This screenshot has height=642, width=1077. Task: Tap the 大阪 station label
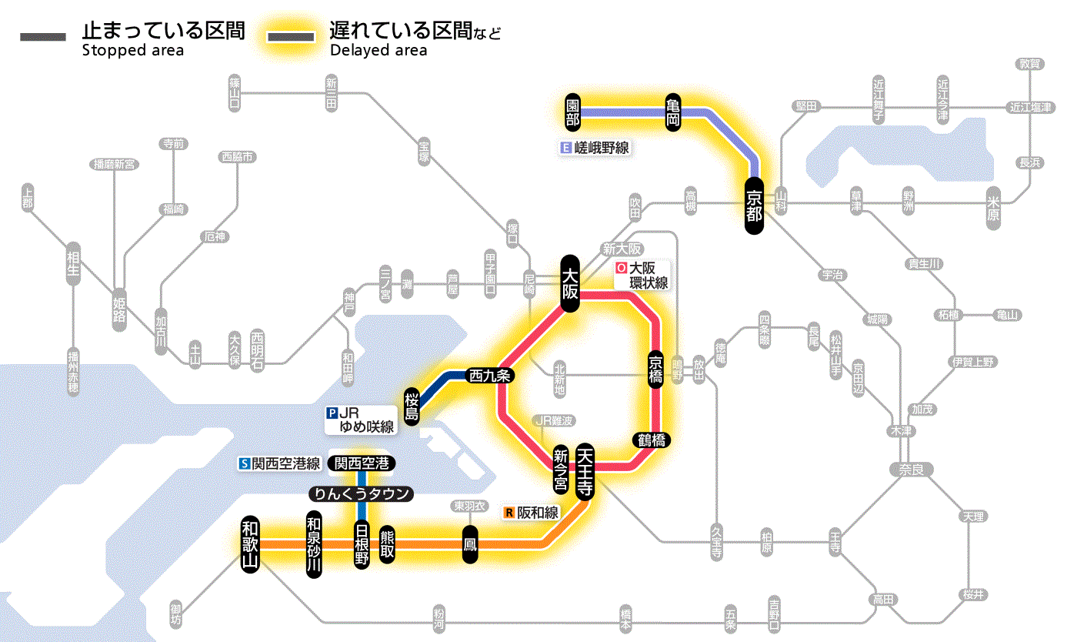[x=569, y=283]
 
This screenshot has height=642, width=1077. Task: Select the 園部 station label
[x=572, y=112]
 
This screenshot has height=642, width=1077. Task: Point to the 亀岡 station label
[x=673, y=112]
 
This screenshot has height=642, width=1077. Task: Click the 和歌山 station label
[x=251, y=543]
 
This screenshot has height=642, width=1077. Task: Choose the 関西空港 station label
[x=362, y=463]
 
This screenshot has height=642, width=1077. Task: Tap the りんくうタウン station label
[x=361, y=494]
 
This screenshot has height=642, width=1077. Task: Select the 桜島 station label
[x=412, y=405]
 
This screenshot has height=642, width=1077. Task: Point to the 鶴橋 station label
[x=651, y=440]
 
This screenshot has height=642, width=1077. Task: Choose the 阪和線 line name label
[x=538, y=512]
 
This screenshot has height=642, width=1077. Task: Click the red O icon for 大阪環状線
[x=621, y=269]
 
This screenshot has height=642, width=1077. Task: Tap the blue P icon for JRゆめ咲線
[x=332, y=412]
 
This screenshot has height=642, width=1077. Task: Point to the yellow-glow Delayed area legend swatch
[x=290, y=37]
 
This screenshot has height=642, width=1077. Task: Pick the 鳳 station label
[x=469, y=544]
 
